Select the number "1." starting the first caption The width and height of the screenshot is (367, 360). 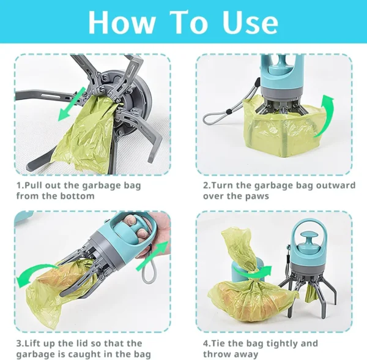[20, 185]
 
